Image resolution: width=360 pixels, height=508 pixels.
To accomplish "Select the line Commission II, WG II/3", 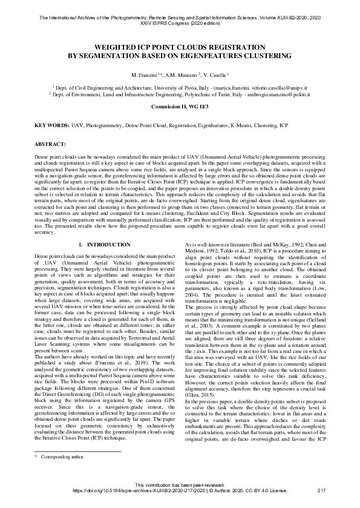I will coord(179,106).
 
